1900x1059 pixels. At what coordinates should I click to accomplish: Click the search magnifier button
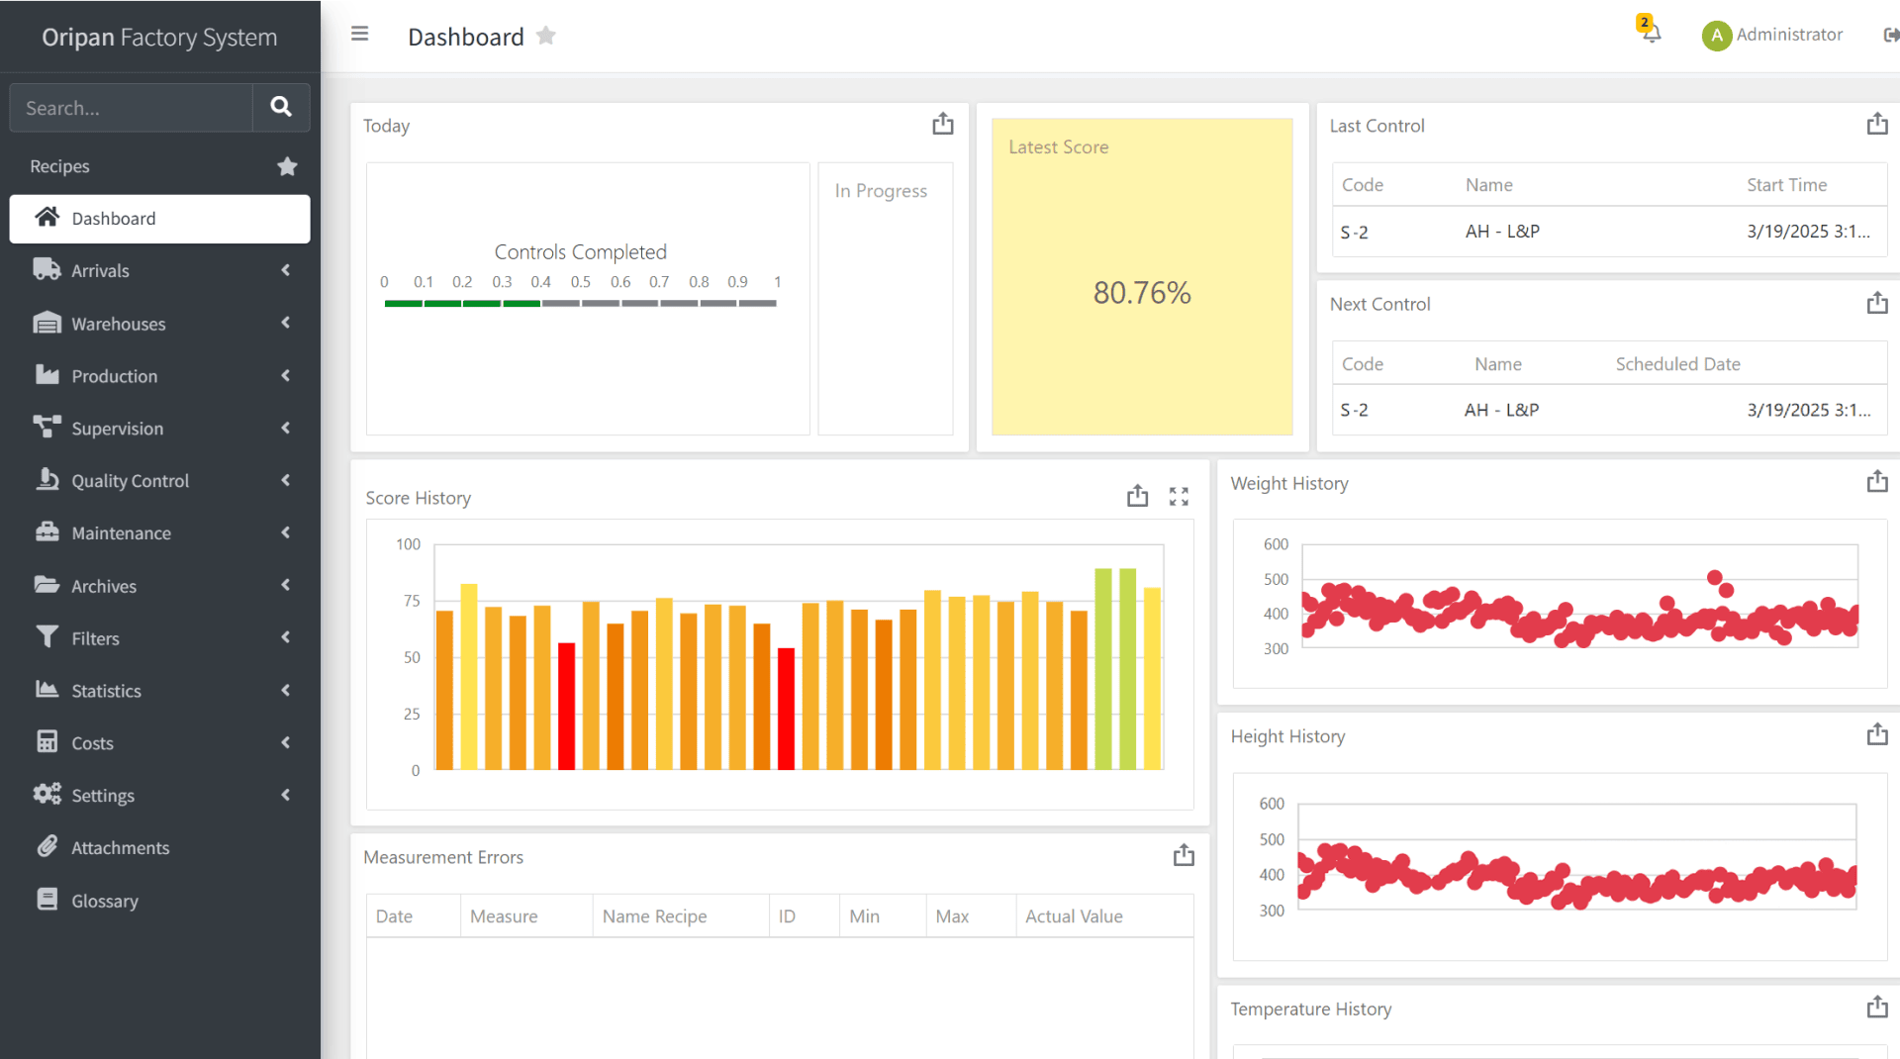pos(281,107)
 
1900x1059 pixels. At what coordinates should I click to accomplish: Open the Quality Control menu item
pos(130,481)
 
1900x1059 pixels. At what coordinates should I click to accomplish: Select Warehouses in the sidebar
pos(118,324)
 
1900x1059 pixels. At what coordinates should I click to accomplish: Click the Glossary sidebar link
pos(104,901)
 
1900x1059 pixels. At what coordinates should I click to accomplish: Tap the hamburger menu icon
pos(360,35)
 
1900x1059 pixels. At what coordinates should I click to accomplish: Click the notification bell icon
pos(1651,33)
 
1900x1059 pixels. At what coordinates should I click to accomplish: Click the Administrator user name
pos(1788,35)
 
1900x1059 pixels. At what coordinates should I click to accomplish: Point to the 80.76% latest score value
pos(1141,293)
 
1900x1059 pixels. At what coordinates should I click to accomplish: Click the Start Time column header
pos(1786,185)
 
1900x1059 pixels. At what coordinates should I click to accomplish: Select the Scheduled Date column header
pos(1677,364)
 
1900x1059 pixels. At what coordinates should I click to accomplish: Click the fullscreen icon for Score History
pos(1178,497)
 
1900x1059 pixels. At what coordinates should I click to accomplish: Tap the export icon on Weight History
pos(1876,482)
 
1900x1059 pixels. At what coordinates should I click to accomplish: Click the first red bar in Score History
pos(566,706)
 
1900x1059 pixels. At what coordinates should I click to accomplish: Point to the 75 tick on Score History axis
pos(412,601)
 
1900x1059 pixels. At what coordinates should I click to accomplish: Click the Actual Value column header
pos(1074,916)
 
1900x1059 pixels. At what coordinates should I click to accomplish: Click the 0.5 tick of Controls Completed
pos(580,282)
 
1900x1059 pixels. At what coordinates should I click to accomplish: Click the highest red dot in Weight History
pos(1714,577)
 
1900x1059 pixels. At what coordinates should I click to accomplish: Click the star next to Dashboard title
pos(545,37)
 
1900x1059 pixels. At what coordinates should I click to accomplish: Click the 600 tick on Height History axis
pos(1272,804)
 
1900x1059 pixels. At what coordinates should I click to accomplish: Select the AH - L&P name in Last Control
pos(1501,232)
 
